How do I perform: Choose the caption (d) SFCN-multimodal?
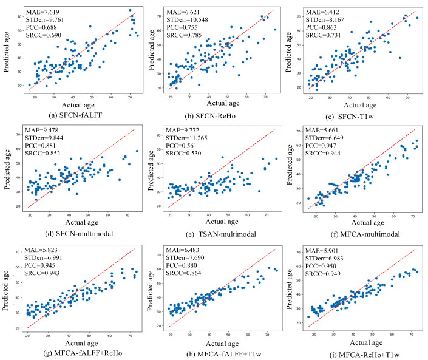pyautogui.click(x=77, y=232)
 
